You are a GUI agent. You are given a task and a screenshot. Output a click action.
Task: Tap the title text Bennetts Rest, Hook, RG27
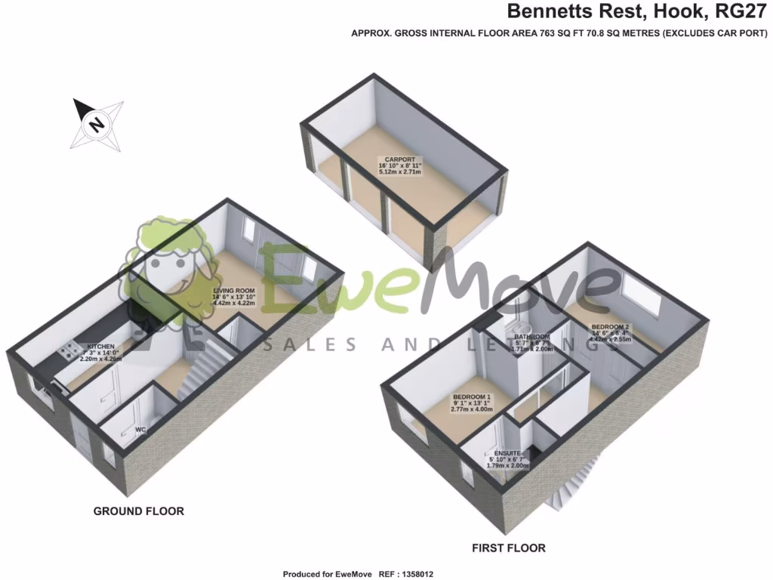[639, 11]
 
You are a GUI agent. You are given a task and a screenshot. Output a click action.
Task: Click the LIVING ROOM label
[233, 290]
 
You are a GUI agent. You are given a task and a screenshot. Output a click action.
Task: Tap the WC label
[140, 430]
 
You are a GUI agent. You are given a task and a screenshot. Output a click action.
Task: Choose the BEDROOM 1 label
[472, 397]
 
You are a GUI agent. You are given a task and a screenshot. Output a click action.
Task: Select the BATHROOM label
[532, 337]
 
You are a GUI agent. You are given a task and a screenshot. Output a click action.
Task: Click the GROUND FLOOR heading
[138, 511]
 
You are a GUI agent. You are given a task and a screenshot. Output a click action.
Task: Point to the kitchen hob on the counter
[69, 350]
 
